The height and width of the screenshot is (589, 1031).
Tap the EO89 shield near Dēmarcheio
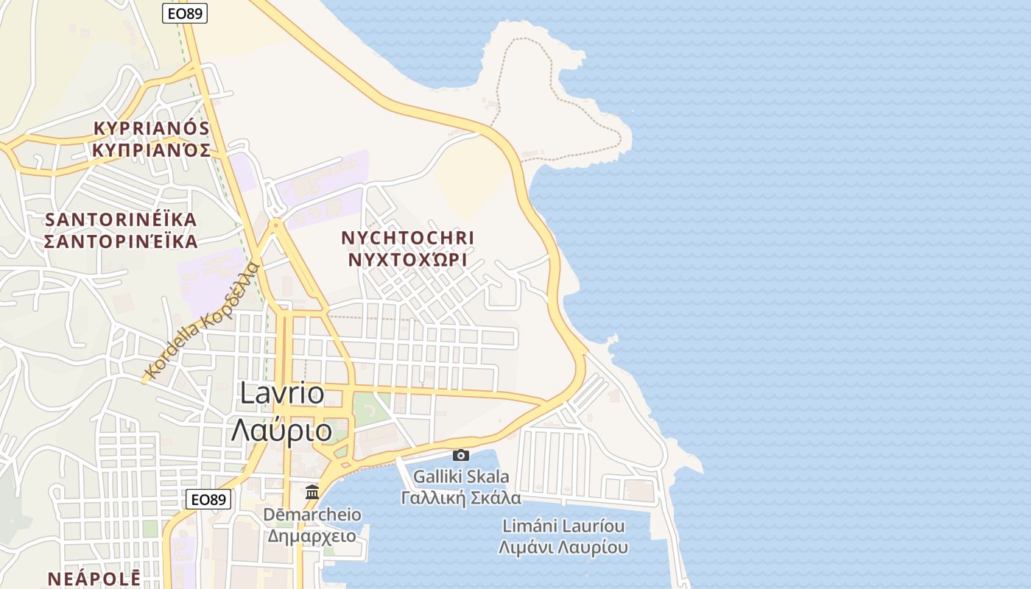[x=208, y=499]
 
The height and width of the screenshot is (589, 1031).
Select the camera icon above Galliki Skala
[x=461, y=456]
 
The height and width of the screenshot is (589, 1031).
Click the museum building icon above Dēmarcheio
[x=312, y=491]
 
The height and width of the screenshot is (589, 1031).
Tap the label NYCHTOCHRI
[x=408, y=239]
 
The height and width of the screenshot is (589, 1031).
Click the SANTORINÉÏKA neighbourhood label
[x=122, y=220]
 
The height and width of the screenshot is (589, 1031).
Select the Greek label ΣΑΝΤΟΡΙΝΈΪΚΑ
[x=122, y=241]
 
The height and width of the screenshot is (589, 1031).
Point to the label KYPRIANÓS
[x=152, y=128]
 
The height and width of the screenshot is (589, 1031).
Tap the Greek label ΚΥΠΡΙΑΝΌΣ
[x=152, y=150]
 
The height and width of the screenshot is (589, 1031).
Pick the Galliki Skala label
[x=461, y=477]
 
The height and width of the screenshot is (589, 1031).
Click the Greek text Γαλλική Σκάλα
[x=461, y=498]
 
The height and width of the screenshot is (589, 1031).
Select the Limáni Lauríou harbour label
[x=563, y=526]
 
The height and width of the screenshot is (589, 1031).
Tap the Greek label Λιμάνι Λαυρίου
[x=563, y=548]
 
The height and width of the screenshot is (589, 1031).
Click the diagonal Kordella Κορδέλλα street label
[x=203, y=321]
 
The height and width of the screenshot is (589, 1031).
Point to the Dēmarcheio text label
[x=312, y=515]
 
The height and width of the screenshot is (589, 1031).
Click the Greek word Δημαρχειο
[x=312, y=536]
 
